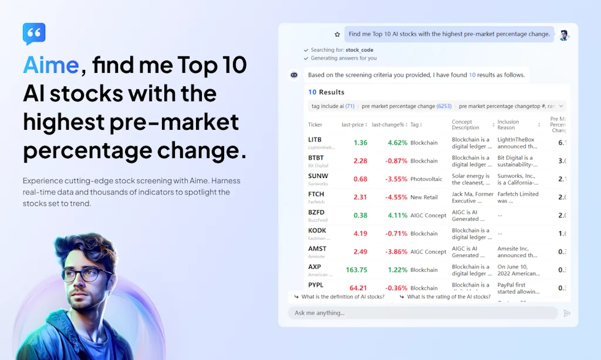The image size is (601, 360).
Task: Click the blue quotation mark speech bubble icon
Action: coord(34,34)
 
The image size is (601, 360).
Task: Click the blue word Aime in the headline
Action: coord(51,65)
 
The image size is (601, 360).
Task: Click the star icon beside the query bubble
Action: coord(337,35)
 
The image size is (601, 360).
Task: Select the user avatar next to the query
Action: coord(564,35)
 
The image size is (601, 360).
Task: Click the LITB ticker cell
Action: coord(315,140)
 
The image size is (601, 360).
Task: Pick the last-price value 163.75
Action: coord(356,270)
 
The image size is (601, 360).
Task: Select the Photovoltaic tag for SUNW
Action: coord(427,179)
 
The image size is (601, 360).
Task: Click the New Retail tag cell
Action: coord(424,197)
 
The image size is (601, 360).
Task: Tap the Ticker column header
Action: coord(315,125)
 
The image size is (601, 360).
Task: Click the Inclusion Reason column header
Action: coord(508,125)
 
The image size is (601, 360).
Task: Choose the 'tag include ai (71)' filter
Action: coord(333,106)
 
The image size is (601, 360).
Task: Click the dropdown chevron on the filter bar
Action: coord(561,106)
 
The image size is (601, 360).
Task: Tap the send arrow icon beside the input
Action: coord(566,313)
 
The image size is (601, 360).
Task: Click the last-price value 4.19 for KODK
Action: coord(360,234)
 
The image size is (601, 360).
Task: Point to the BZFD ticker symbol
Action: coord(316,213)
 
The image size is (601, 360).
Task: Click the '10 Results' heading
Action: coord(326,92)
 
